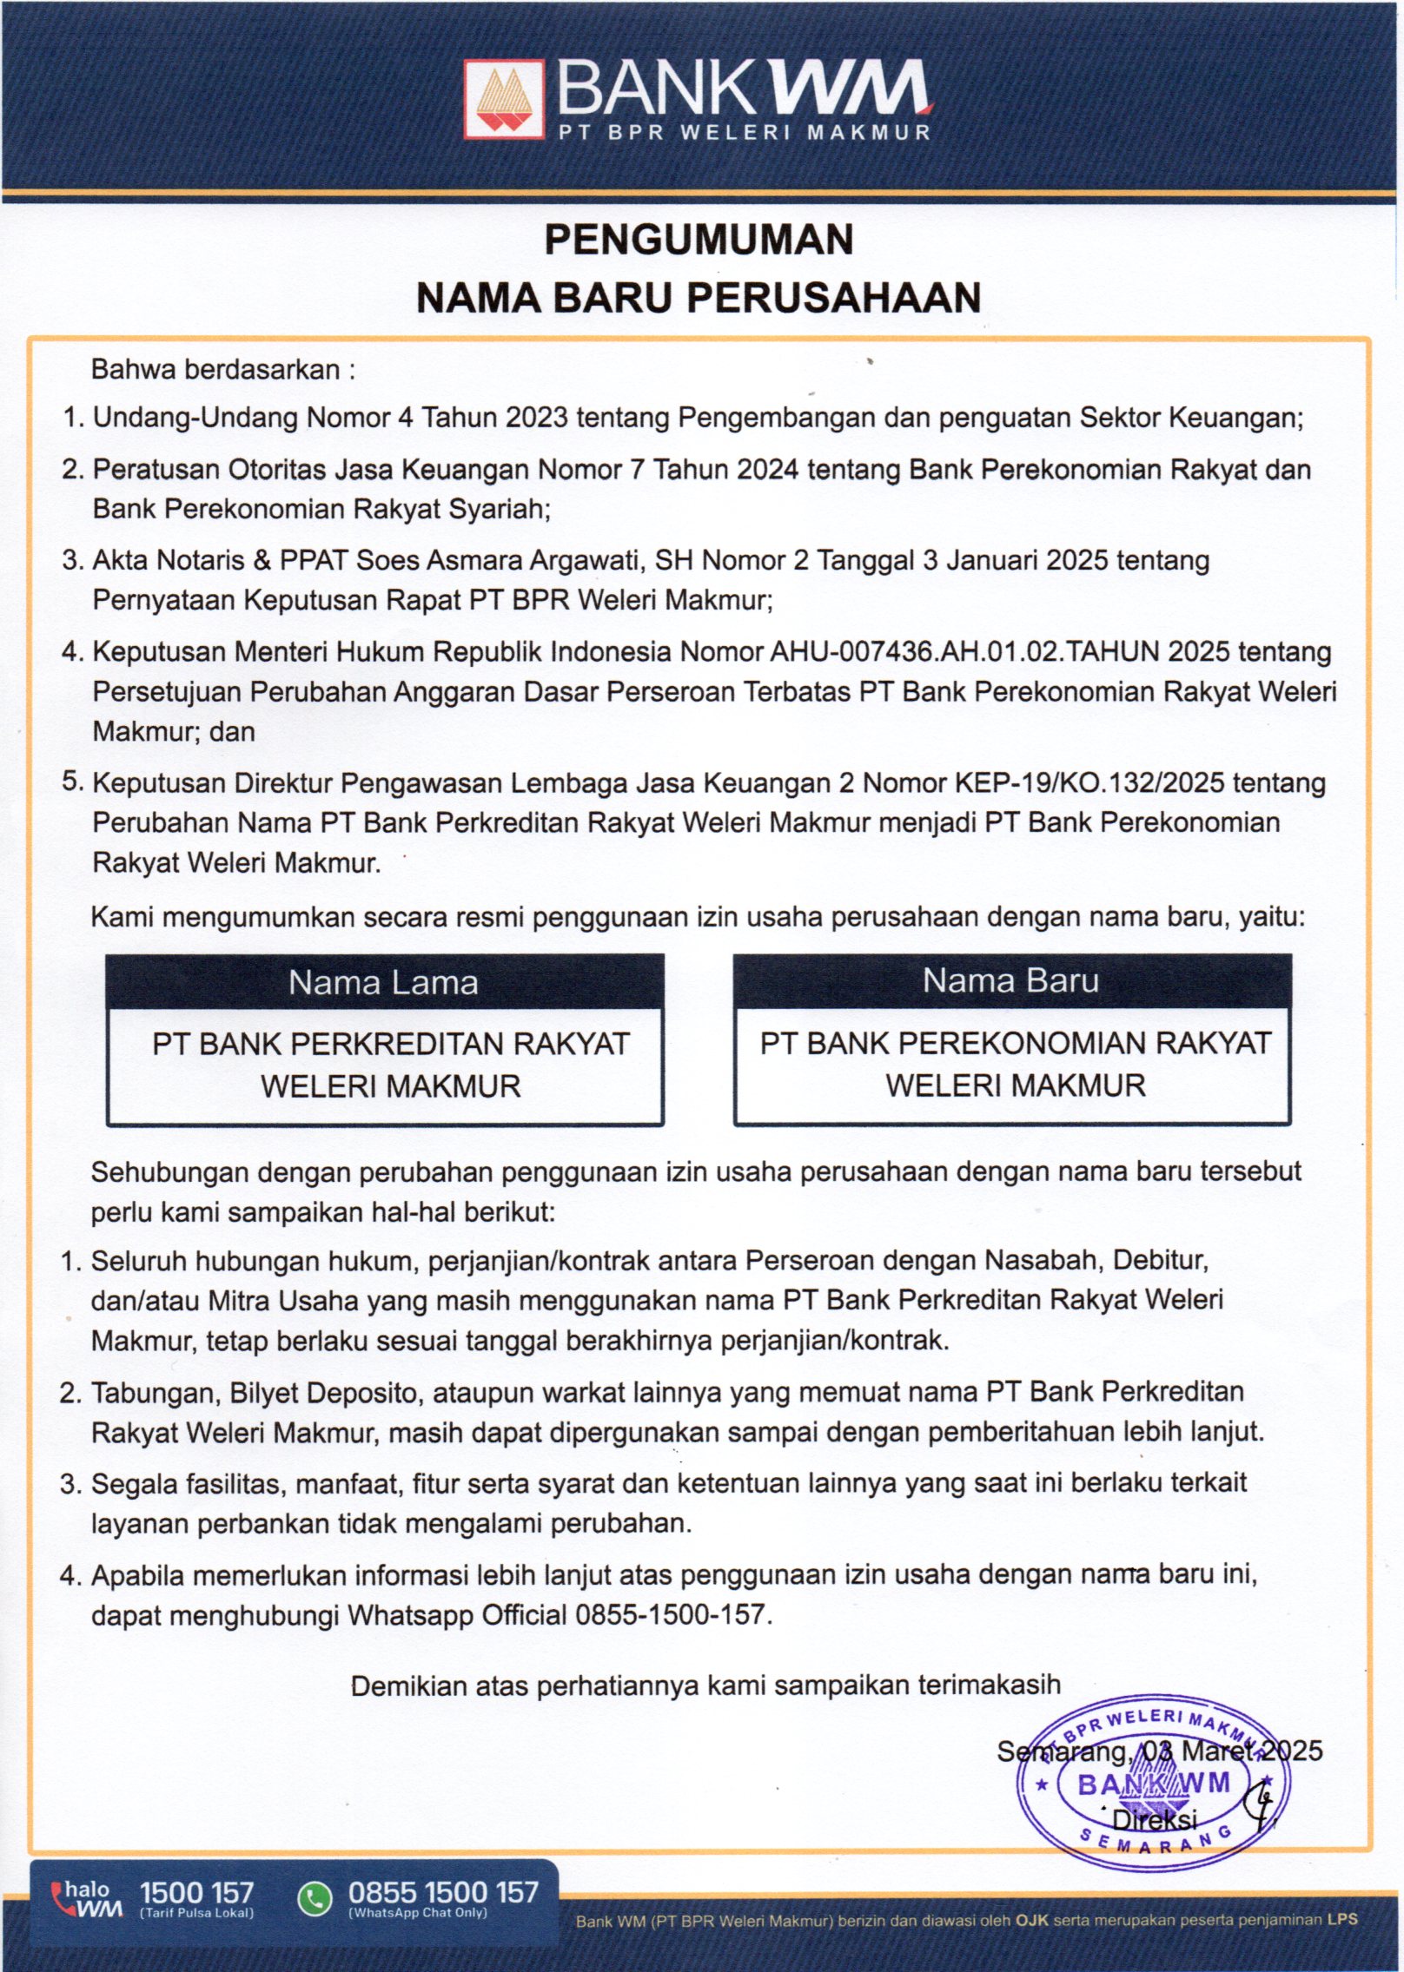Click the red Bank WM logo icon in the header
pyautogui.click(x=503, y=98)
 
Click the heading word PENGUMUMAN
pyautogui.click(x=699, y=240)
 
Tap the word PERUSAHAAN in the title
pyautogui.click(x=834, y=297)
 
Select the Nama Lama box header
pyautogui.click(x=384, y=982)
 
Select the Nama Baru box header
pyautogui.click(x=1010, y=980)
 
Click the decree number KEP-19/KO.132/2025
pyautogui.click(x=1089, y=783)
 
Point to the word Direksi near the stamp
pyautogui.click(x=1155, y=1818)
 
